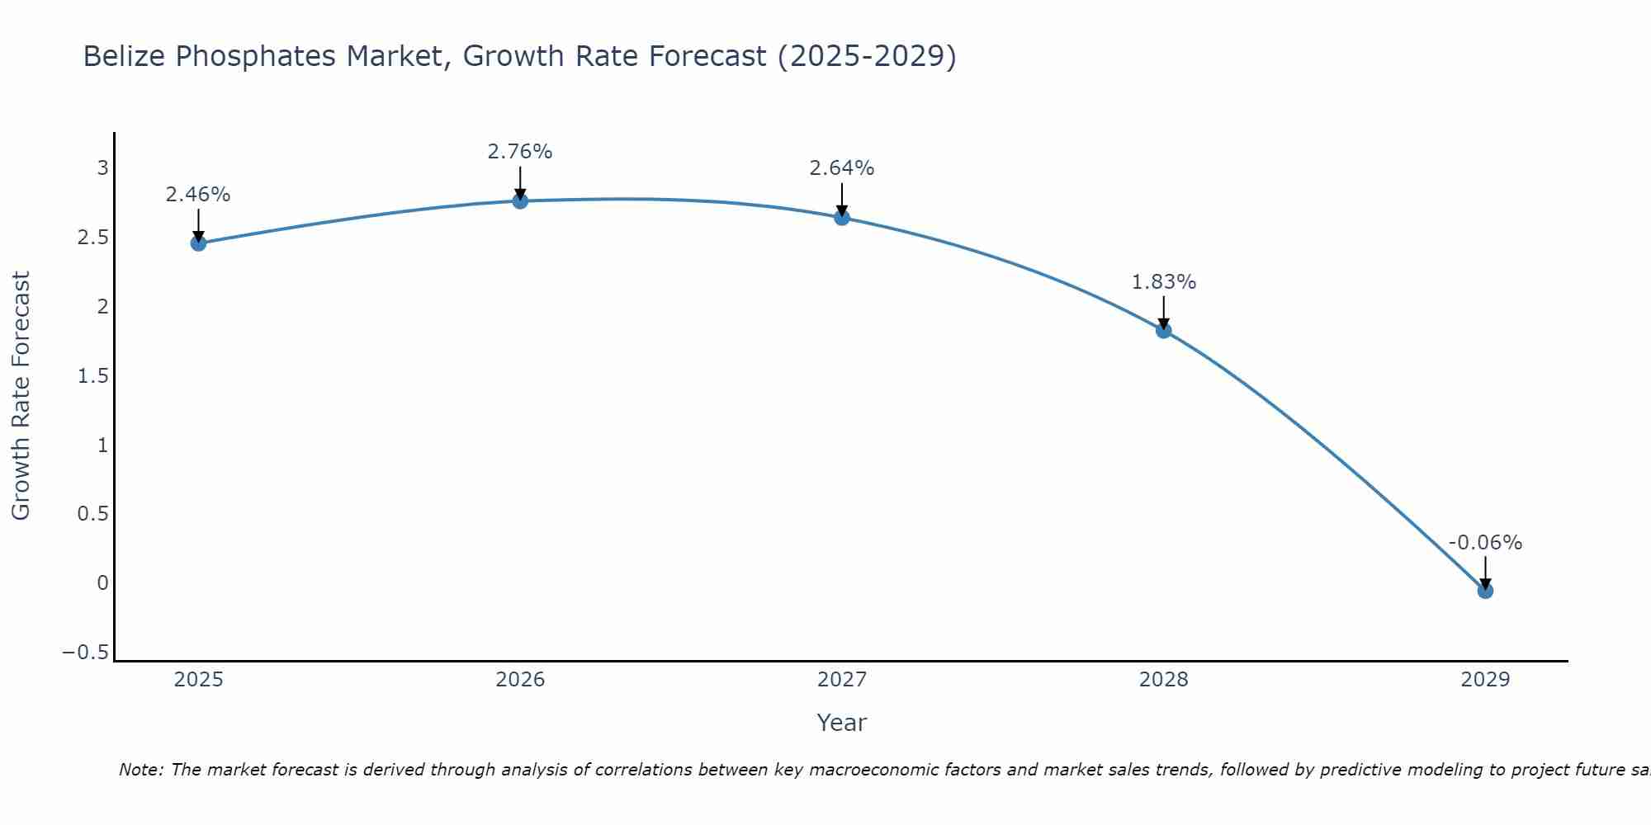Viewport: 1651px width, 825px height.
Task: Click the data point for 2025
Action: coord(198,243)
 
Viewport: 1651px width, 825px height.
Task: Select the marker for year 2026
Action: coord(520,200)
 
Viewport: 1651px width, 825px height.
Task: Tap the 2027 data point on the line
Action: coord(842,218)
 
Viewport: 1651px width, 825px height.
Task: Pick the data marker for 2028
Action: coord(1164,331)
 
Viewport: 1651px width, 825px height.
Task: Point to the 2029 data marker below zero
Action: coord(1485,591)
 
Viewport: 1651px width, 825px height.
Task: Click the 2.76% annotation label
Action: coord(520,152)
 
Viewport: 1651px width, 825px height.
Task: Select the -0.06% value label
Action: coord(1485,543)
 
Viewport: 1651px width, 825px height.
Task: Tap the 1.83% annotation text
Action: coord(1164,282)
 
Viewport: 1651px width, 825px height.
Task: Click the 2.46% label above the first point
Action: coord(198,195)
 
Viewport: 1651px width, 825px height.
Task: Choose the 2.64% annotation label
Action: coord(842,168)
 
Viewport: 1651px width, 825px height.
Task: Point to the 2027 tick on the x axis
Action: coord(842,680)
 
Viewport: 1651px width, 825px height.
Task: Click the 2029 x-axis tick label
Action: coord(1485,680)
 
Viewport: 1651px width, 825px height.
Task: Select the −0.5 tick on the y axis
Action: coord(85,653)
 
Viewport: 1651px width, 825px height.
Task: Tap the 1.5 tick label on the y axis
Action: coord(92,376)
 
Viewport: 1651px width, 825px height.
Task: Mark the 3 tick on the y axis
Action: coord(103,168)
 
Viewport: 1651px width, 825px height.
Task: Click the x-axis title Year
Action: coord(842,723)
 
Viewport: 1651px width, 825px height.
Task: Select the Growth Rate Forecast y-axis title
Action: coord(21,396)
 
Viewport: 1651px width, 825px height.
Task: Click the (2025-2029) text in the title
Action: coord(867,56)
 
